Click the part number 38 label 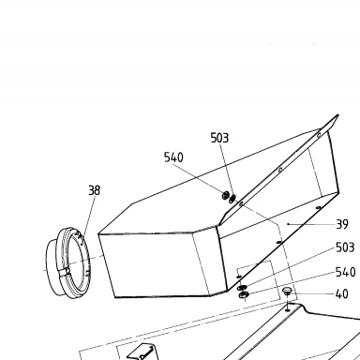tap(95, 190)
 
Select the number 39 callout tap(342, 224)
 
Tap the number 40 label tap(342, 294)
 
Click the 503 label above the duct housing tap(219, 138)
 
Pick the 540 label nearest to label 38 tap(173, 157)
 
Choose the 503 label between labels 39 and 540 tap(345, 247)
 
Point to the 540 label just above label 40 tap(346, 272)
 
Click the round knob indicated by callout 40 tap(287, 292)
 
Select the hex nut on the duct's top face tap(225, 196)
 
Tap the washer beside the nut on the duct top tap(232, 198)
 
